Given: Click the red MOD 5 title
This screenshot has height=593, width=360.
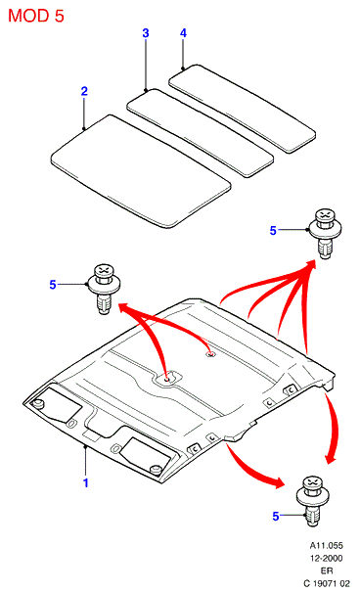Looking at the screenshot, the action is [x=36, y=16].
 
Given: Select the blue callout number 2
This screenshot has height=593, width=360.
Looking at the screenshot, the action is [x=84, y=91].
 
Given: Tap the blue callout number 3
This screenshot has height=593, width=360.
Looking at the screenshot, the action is [x=146, y=33].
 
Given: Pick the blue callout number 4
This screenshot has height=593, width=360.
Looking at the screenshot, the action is [x=183, y=33].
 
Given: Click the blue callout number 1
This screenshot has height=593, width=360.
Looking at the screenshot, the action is [x=86, y=483].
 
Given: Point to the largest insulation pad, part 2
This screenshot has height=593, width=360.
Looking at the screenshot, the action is [x=141, y=171].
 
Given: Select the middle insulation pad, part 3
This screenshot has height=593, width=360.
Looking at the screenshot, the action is [x=200, y=133].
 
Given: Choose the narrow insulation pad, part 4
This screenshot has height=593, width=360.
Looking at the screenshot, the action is [x=242, y=109].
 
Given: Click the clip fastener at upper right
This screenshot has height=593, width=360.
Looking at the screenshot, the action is [x=325, y=233].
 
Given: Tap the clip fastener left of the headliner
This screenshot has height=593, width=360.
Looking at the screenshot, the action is [x=104, y=289].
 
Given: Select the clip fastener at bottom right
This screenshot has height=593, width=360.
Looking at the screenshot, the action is [x=313, y=501].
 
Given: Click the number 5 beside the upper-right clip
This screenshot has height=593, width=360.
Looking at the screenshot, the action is [x=273, y=231].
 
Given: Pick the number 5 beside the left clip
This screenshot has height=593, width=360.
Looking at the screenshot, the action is [x=53, y=285].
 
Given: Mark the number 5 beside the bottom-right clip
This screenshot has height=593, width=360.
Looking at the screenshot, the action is [x=276, y=517].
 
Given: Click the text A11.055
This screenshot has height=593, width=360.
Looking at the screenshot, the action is [x=327, y=546].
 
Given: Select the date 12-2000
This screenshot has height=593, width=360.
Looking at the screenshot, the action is [x=327, y=558].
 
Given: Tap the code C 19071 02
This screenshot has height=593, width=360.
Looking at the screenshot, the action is [x=327, y=583].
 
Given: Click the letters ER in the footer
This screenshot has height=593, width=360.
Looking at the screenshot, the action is [x=328, y=571].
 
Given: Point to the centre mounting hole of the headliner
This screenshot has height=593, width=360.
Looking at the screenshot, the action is [x=167, y=378].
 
